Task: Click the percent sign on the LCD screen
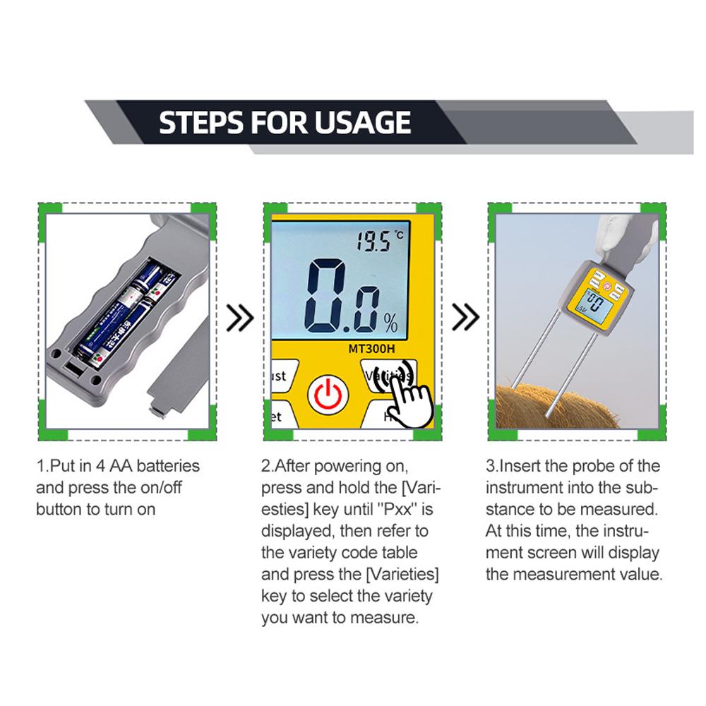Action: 390,324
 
